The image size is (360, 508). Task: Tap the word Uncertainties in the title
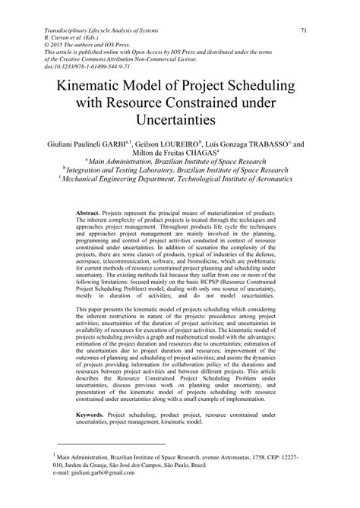pos(180,121)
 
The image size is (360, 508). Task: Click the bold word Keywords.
pos(93,415)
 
